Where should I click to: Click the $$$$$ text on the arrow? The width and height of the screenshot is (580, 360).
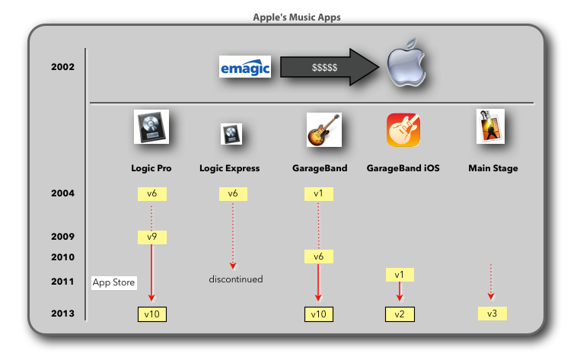click(x=325, y=68)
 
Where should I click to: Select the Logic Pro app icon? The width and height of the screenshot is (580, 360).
click(x=151, y=128)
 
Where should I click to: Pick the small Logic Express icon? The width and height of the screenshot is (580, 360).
click(x=230, y=134)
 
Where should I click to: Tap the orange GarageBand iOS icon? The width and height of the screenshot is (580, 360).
click(x=403, y=129)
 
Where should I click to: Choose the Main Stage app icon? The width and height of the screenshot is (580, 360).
click(x=490, y=126)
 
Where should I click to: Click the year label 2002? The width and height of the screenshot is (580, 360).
click(x=62, y=67)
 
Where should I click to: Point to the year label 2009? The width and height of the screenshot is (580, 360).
click(x=62, y=237)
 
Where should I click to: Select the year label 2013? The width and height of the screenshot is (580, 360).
click(x=62, y=314)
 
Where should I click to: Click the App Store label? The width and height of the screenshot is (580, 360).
click(x=113, y=283)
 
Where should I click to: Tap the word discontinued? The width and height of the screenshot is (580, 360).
click(x=236, y=279)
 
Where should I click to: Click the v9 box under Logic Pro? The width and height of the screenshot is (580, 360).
click(x=151, y=237)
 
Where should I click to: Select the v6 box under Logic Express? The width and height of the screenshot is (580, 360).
click(x=233, y=194)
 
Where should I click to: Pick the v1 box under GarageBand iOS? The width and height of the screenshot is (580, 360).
click(x=399, y=274)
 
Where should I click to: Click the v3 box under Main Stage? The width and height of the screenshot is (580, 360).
click(x=492, y=314)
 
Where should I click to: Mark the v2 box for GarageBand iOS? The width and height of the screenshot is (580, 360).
click(x=399, y=314)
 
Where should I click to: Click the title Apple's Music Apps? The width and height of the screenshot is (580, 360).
click(x=289, y=15)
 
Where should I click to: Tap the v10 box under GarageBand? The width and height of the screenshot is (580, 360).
click(x=318, y=314)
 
